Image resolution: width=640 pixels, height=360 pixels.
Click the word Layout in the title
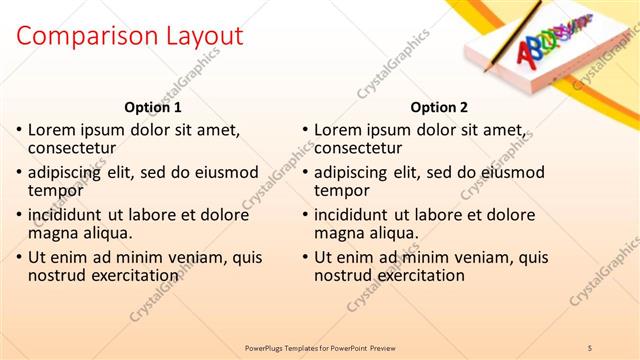[x=198, y=37]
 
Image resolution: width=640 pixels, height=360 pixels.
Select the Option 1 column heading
[x=153, y=107]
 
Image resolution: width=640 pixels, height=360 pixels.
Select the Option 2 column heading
[x=439, y=107]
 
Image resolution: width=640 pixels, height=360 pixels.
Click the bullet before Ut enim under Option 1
[x=19, y=258]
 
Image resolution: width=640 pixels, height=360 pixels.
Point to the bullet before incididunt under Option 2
[x=305, y=215]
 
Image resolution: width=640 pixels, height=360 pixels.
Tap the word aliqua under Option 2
[x=393, y=233]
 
